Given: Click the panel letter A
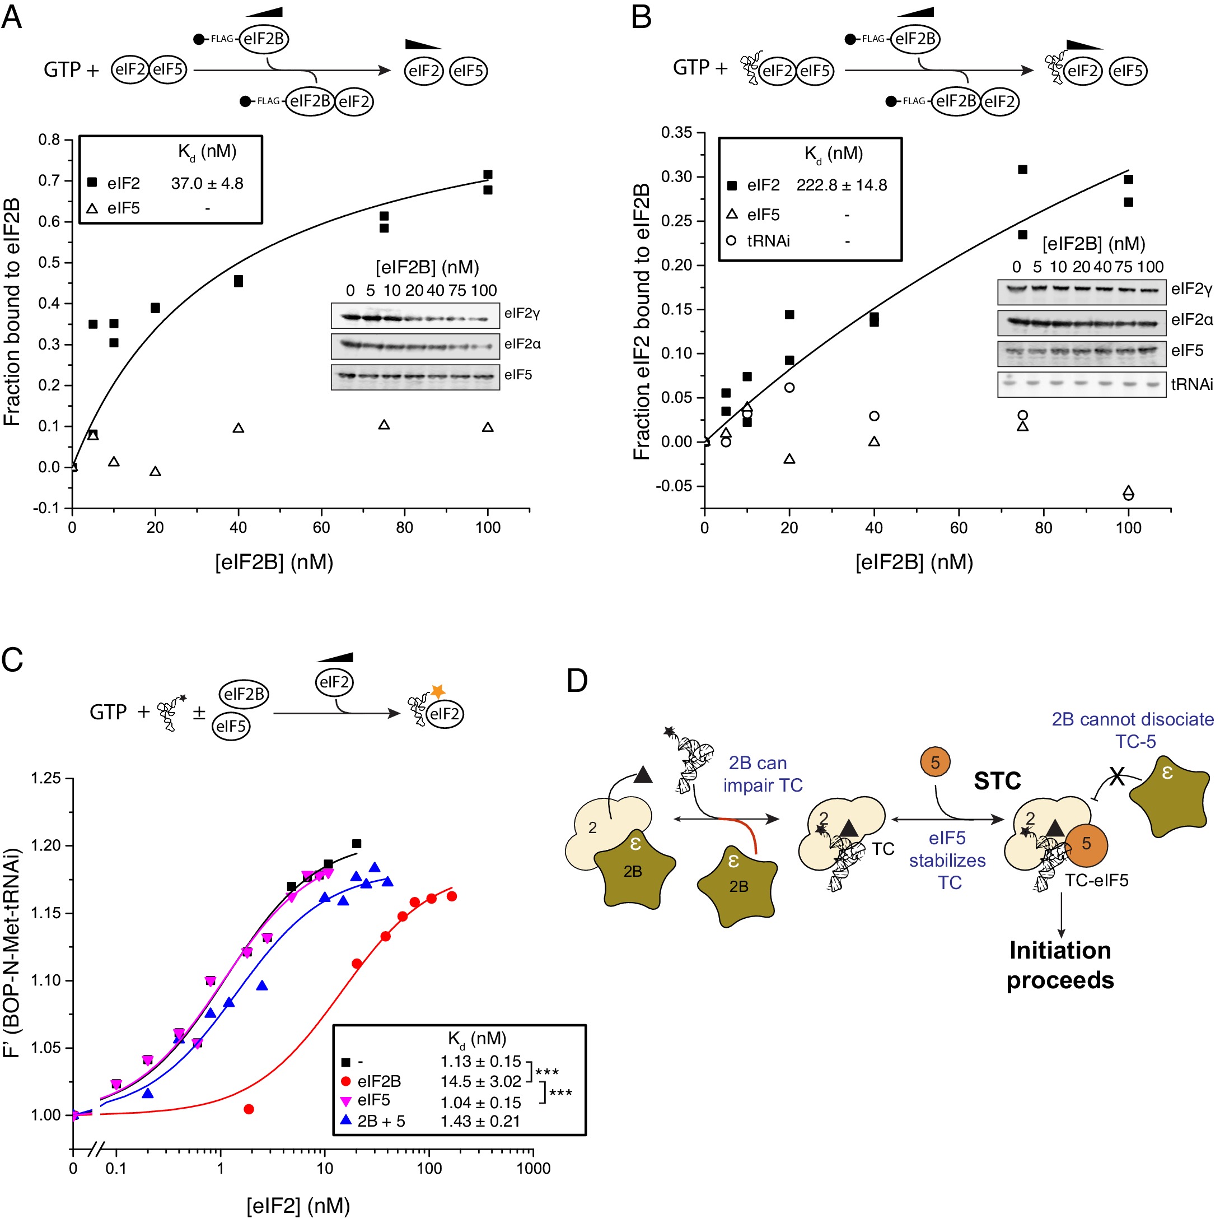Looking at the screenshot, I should (12, 17).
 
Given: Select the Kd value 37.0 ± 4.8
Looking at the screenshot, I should (207, 184).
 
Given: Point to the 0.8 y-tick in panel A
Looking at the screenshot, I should (49, 140).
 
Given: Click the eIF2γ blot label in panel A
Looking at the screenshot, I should (522, 313).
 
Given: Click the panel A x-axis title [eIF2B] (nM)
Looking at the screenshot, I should (274, 562).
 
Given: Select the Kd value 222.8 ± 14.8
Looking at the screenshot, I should (841, 185).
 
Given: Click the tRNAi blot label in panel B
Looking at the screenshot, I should (1191, 384).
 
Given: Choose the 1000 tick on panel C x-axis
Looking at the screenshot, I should (533, 1169).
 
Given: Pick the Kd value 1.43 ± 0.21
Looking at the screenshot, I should (480, 1121).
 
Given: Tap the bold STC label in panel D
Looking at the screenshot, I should (997, 781).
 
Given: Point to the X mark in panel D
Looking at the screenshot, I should (1117, 776).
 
